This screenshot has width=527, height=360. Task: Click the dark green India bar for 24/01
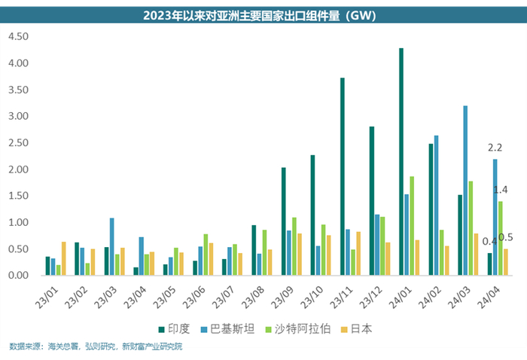401,162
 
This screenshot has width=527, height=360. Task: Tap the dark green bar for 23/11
343,177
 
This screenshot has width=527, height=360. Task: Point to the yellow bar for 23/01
65,258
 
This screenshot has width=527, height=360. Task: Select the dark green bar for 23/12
372,201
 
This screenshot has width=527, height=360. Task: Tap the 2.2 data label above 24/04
495,148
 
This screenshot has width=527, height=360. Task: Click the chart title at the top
263,14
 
